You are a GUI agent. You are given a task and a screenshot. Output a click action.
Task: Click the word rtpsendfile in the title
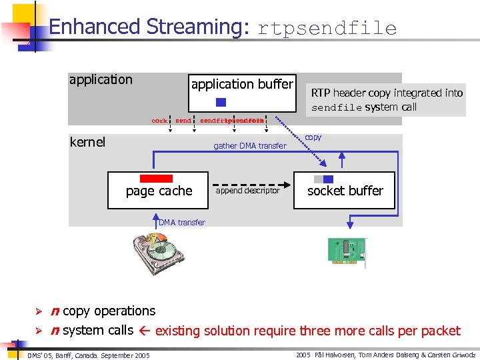tap(327, 28)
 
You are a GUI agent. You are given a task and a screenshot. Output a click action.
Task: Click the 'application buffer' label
tap(242, 84)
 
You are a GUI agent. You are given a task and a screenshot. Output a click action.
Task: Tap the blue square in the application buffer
tap(221, 102)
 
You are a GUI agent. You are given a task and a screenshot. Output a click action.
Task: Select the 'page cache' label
tap(159, 191)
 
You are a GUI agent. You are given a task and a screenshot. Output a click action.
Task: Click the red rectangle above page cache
tap(157, 178)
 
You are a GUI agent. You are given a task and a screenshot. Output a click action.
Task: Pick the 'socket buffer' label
tap(345, 191)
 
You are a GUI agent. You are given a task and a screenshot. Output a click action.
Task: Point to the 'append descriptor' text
tap(248, 191)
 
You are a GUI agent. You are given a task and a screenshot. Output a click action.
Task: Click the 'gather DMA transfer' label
tap(249, 146)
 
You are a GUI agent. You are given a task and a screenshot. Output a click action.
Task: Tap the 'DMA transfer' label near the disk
tap(182, 223)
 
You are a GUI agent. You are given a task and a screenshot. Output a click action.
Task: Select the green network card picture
tap(346, 251)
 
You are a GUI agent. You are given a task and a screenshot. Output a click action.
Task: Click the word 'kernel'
tap(87, 142)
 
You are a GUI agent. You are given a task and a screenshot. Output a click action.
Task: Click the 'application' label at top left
tap(101, 80)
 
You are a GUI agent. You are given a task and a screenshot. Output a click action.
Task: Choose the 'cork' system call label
tap(159, 121)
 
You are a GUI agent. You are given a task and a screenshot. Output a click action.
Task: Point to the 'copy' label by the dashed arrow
tap(313, 137)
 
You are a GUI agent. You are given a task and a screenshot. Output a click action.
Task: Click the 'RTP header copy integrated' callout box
tap(387, 100)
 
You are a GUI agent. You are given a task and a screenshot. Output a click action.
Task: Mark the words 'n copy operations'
tap(103, 311)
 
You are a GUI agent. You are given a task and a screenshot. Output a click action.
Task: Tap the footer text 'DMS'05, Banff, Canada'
tap(89, 355)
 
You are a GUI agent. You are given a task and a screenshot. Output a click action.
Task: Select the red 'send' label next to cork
tap(183, 121)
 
